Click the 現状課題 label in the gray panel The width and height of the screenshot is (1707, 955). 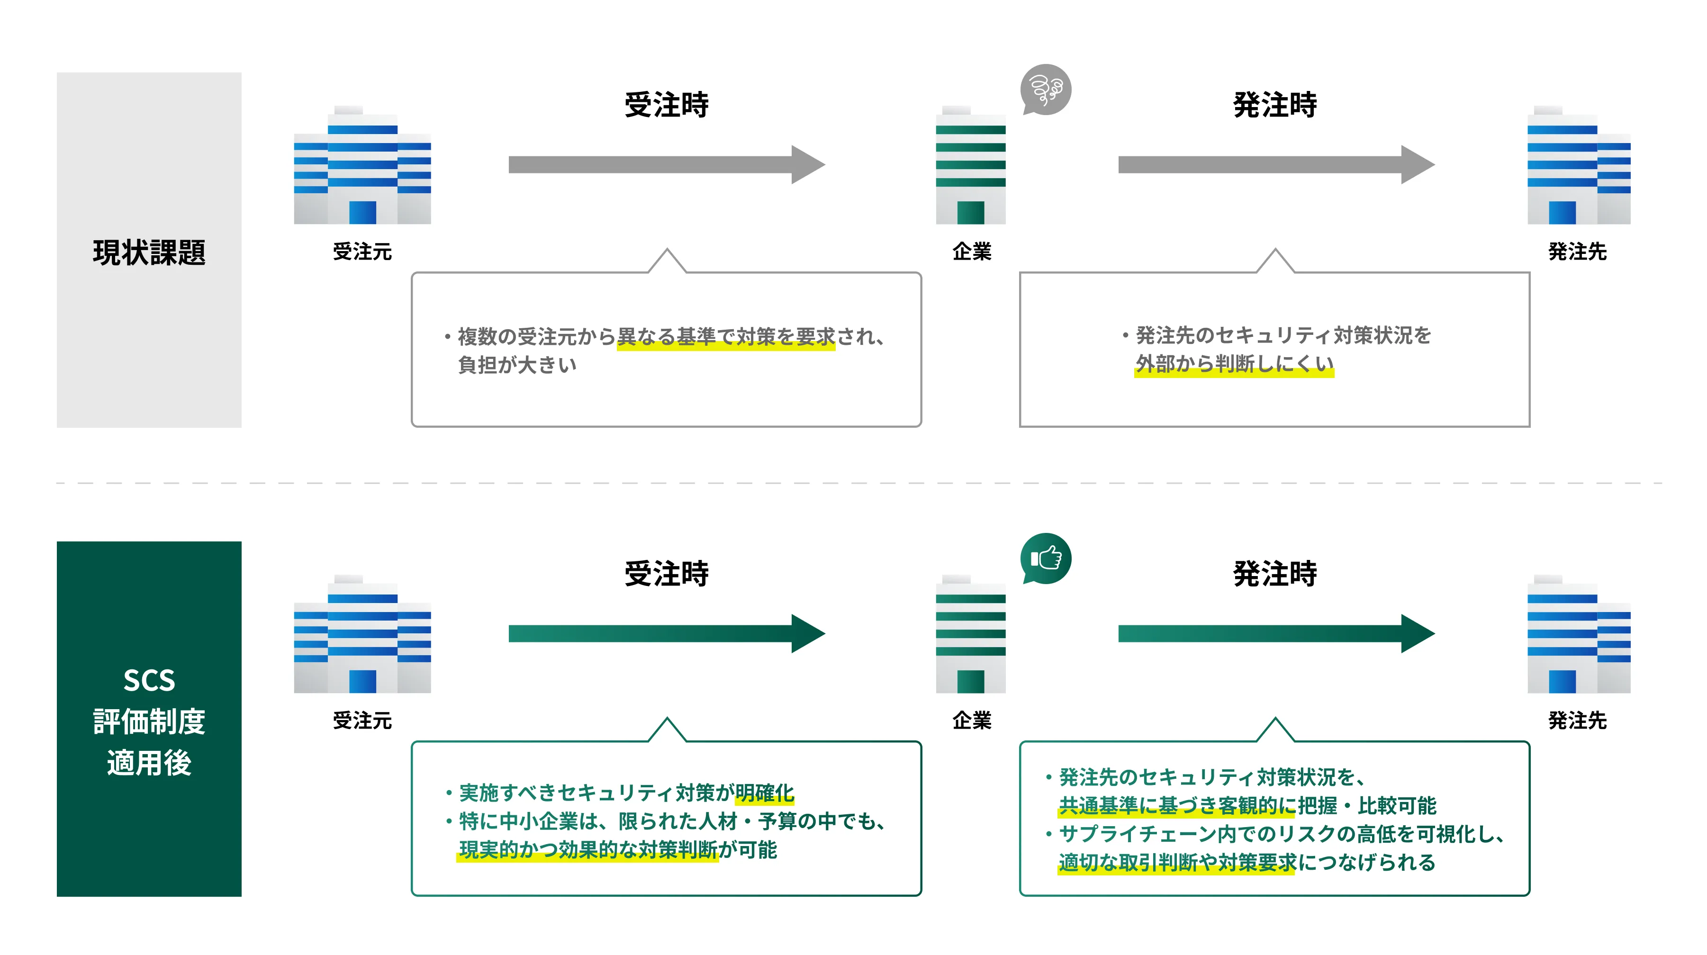coord(149,252)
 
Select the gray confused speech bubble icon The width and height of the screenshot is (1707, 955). coord(1046,90)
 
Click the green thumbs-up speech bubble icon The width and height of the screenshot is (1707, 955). coord(1046,558)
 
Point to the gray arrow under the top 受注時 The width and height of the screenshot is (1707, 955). coord(666,164)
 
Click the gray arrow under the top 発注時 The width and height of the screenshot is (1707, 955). coord(1275,164)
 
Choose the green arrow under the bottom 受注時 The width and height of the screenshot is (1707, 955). coord(666,633)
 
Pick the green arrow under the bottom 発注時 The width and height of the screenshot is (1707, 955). coord(1275,633)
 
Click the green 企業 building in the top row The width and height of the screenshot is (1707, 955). coord(970,166)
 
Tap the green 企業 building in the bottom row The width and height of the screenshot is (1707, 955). coord(970,635)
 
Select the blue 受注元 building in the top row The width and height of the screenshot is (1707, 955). coord(362,166)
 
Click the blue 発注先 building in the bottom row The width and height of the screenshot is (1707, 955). coord(1579,635)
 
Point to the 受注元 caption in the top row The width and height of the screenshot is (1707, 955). coord(362,252)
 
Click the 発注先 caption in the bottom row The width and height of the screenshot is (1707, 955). coord(1577,721)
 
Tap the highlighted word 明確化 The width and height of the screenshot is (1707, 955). coord(764,793)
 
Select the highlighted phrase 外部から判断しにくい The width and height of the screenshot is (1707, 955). coord(1234,364)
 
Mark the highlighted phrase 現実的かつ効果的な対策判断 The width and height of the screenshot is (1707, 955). coord(588,850)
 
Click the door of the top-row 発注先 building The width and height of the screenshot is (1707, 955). coord(1562,213)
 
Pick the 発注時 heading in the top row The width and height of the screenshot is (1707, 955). coord(1275,105)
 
